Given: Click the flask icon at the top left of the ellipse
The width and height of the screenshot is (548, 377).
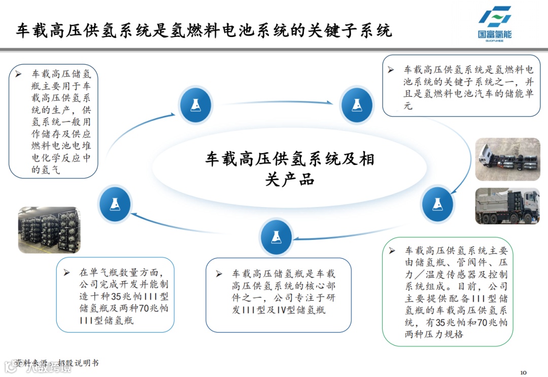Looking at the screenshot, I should pos(195,105).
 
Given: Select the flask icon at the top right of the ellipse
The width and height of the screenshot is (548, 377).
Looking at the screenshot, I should pos(356,105).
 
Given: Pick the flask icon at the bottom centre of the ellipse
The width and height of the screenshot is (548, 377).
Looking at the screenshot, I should pos(276,237).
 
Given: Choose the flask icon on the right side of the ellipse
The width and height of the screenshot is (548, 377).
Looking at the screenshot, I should pos(437,203).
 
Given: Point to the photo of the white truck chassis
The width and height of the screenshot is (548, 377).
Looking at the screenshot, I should pos(507,159).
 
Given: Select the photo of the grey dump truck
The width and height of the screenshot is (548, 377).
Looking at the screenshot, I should pos(507,206).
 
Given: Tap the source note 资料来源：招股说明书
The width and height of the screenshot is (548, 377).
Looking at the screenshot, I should pos(56,363).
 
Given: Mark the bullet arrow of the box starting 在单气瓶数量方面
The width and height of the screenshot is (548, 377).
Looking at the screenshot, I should pos(66,272).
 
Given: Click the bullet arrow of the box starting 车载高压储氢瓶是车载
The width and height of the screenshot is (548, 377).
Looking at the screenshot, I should pos(219,274).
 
